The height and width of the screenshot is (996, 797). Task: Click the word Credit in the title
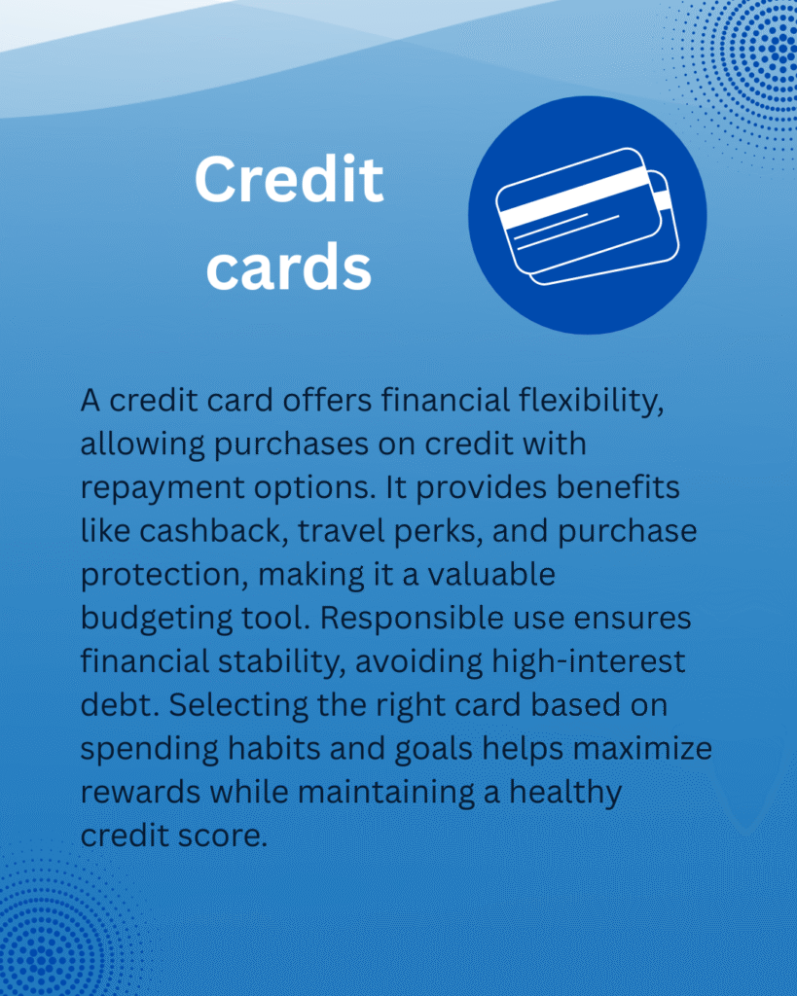coord(289,179)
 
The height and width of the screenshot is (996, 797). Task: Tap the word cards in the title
coord(289,267)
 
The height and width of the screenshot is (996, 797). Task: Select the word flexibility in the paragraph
coord(591,402)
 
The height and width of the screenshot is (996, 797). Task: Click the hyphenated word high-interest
coord(589,661)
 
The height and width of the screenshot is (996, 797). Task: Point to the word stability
coord(281,661)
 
